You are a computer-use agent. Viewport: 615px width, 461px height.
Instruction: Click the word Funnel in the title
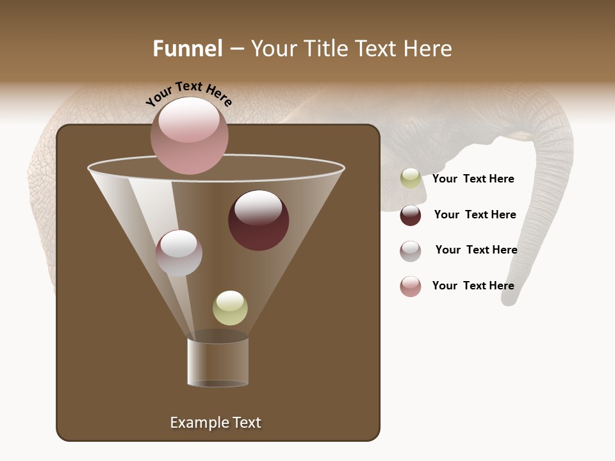click(x=187, y=49)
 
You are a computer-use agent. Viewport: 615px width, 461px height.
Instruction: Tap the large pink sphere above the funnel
click(x=189, y=135)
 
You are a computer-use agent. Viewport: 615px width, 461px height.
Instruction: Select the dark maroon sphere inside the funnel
click(x=258, y=220)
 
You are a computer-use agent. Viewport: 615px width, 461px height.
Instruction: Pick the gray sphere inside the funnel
click(x=179, y=252)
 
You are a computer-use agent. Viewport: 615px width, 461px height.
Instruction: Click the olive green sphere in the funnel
click(x=230, y=307)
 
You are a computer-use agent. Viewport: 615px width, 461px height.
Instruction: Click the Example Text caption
click(x=215, y=423)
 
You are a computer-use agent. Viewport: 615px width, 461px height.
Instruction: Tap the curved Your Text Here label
click(x=188, y=94)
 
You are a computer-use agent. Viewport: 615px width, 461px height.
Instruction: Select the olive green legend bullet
click(x=411, y=179)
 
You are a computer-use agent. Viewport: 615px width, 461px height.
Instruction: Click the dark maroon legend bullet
click(x=411, y=215)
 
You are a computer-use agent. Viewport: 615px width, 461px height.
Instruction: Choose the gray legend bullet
click(x=411, y=251)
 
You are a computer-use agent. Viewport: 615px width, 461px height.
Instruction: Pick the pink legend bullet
click(x=411, y=286)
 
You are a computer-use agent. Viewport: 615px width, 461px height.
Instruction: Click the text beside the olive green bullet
click(x=473, y=179)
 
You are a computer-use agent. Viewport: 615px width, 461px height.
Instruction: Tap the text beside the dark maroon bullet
click(x=475, y=215)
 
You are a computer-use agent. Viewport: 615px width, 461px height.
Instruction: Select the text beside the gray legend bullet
click(x=476, y=250)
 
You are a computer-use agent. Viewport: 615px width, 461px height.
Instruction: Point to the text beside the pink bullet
click(x=473, y=286)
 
